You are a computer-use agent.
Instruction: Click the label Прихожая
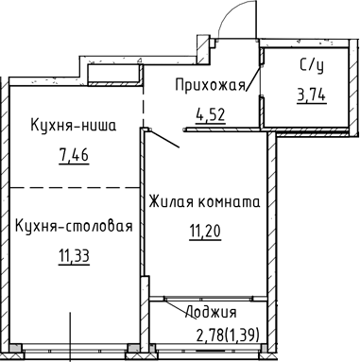pyautogui.click(x=209, y=86)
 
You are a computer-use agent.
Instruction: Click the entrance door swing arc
pyautogui.click(x=227, y=17)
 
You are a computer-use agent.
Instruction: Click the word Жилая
pyautogui.click(x=171, y=201)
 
